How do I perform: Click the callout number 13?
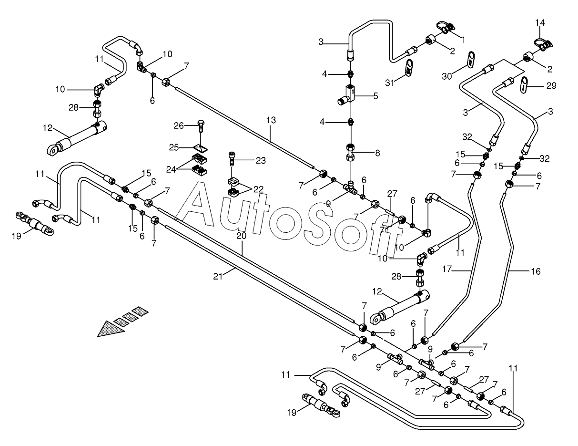point(271,120)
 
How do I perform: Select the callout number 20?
point(241,236)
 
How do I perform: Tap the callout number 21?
point(218,277)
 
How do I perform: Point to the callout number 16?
point(536,271)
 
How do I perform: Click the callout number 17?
point(447,269)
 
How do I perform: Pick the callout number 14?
point(540,22)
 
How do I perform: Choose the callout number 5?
point(375,96)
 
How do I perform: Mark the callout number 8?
point(377,153)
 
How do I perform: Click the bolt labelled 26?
point(201,126)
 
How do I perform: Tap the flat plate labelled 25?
point(200,148)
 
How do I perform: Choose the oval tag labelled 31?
point(408,68)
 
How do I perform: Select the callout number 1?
point(463,40)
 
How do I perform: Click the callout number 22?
point(258,189)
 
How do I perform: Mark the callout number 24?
point(171,169)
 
